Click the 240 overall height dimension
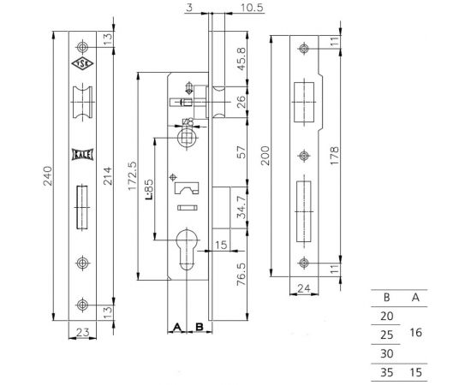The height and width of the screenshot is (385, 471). [48, 176]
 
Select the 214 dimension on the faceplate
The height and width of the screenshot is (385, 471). [107, 176]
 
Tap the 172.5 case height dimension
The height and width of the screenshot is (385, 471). [132, 176]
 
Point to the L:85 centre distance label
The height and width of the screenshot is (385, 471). [149, 190]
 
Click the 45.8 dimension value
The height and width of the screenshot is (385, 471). [241, 59]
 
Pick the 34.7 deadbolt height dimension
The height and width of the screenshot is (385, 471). [241, 207]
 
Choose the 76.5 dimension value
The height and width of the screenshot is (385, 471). [241, 275]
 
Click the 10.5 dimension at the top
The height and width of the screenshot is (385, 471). [252, 8]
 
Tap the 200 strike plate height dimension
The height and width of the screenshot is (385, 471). [265, 156]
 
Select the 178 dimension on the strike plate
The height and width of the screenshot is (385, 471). [334, 156]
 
